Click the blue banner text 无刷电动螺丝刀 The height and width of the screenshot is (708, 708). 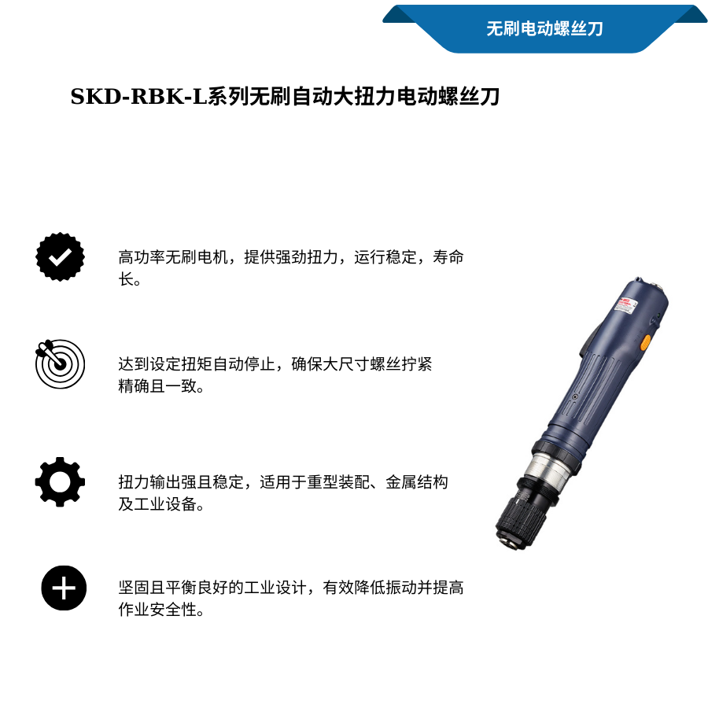coord(544,29)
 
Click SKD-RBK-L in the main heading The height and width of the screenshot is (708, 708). coord(138,97)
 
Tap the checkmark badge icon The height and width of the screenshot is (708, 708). coord(60,256)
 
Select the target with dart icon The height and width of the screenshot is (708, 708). coord(60,363)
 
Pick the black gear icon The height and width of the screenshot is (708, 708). coord(60,481)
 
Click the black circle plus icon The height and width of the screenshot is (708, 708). coord(64,588)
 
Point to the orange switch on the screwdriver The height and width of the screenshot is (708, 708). coord(645,342)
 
